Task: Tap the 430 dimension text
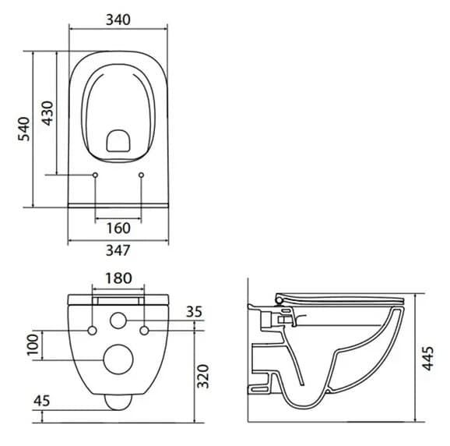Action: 47,114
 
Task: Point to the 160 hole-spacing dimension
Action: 118,228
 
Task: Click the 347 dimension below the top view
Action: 118,250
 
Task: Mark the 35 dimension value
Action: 194,312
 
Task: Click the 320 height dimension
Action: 204,376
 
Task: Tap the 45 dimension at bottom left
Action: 42,401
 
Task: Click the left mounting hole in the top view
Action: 95,175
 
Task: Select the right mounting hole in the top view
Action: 141,175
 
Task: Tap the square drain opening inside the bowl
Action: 118,140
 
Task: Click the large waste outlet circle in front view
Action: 118,359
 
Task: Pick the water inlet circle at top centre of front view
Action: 118,320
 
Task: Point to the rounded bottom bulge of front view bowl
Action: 118,402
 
